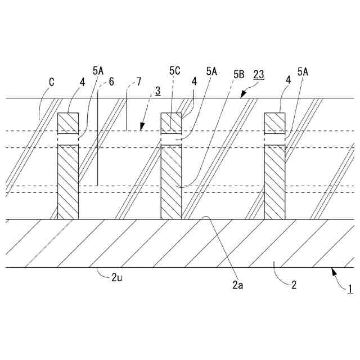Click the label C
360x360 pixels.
[51, 82]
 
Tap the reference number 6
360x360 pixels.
[111, 82]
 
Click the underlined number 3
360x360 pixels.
[158, 90]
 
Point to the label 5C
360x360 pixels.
[174, 71]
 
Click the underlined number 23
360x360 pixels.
[260, 73]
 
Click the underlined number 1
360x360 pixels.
[349, 289]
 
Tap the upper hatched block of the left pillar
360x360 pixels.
[68, 123]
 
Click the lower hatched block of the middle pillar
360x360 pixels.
[171, 182]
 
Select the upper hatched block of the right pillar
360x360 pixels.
[274, 123]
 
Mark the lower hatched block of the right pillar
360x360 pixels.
[274, 182]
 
